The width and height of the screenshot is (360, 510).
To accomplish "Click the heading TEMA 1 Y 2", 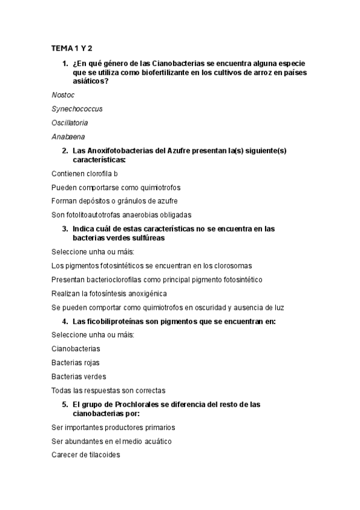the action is (72, 48).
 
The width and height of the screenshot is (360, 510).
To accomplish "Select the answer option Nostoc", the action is (63, 94).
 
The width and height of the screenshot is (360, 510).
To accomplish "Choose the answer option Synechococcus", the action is (77, 109).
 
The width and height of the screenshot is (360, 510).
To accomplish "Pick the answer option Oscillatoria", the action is (70, 123).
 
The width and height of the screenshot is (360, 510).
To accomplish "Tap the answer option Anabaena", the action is (68, 137).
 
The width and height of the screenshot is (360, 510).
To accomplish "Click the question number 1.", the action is (65, 63).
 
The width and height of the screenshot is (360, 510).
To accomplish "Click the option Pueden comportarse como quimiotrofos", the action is (116, 187).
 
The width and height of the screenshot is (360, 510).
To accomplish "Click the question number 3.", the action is (65, 229).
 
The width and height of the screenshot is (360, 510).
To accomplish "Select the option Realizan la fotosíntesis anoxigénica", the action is (117, 293).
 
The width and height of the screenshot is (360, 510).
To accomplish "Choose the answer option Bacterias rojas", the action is (76, 363).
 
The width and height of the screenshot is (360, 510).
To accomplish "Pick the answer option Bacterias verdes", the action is (79, 376).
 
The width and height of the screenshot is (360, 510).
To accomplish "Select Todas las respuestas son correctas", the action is (108, 390).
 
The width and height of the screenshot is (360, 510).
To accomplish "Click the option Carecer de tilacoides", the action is (86, 455).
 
